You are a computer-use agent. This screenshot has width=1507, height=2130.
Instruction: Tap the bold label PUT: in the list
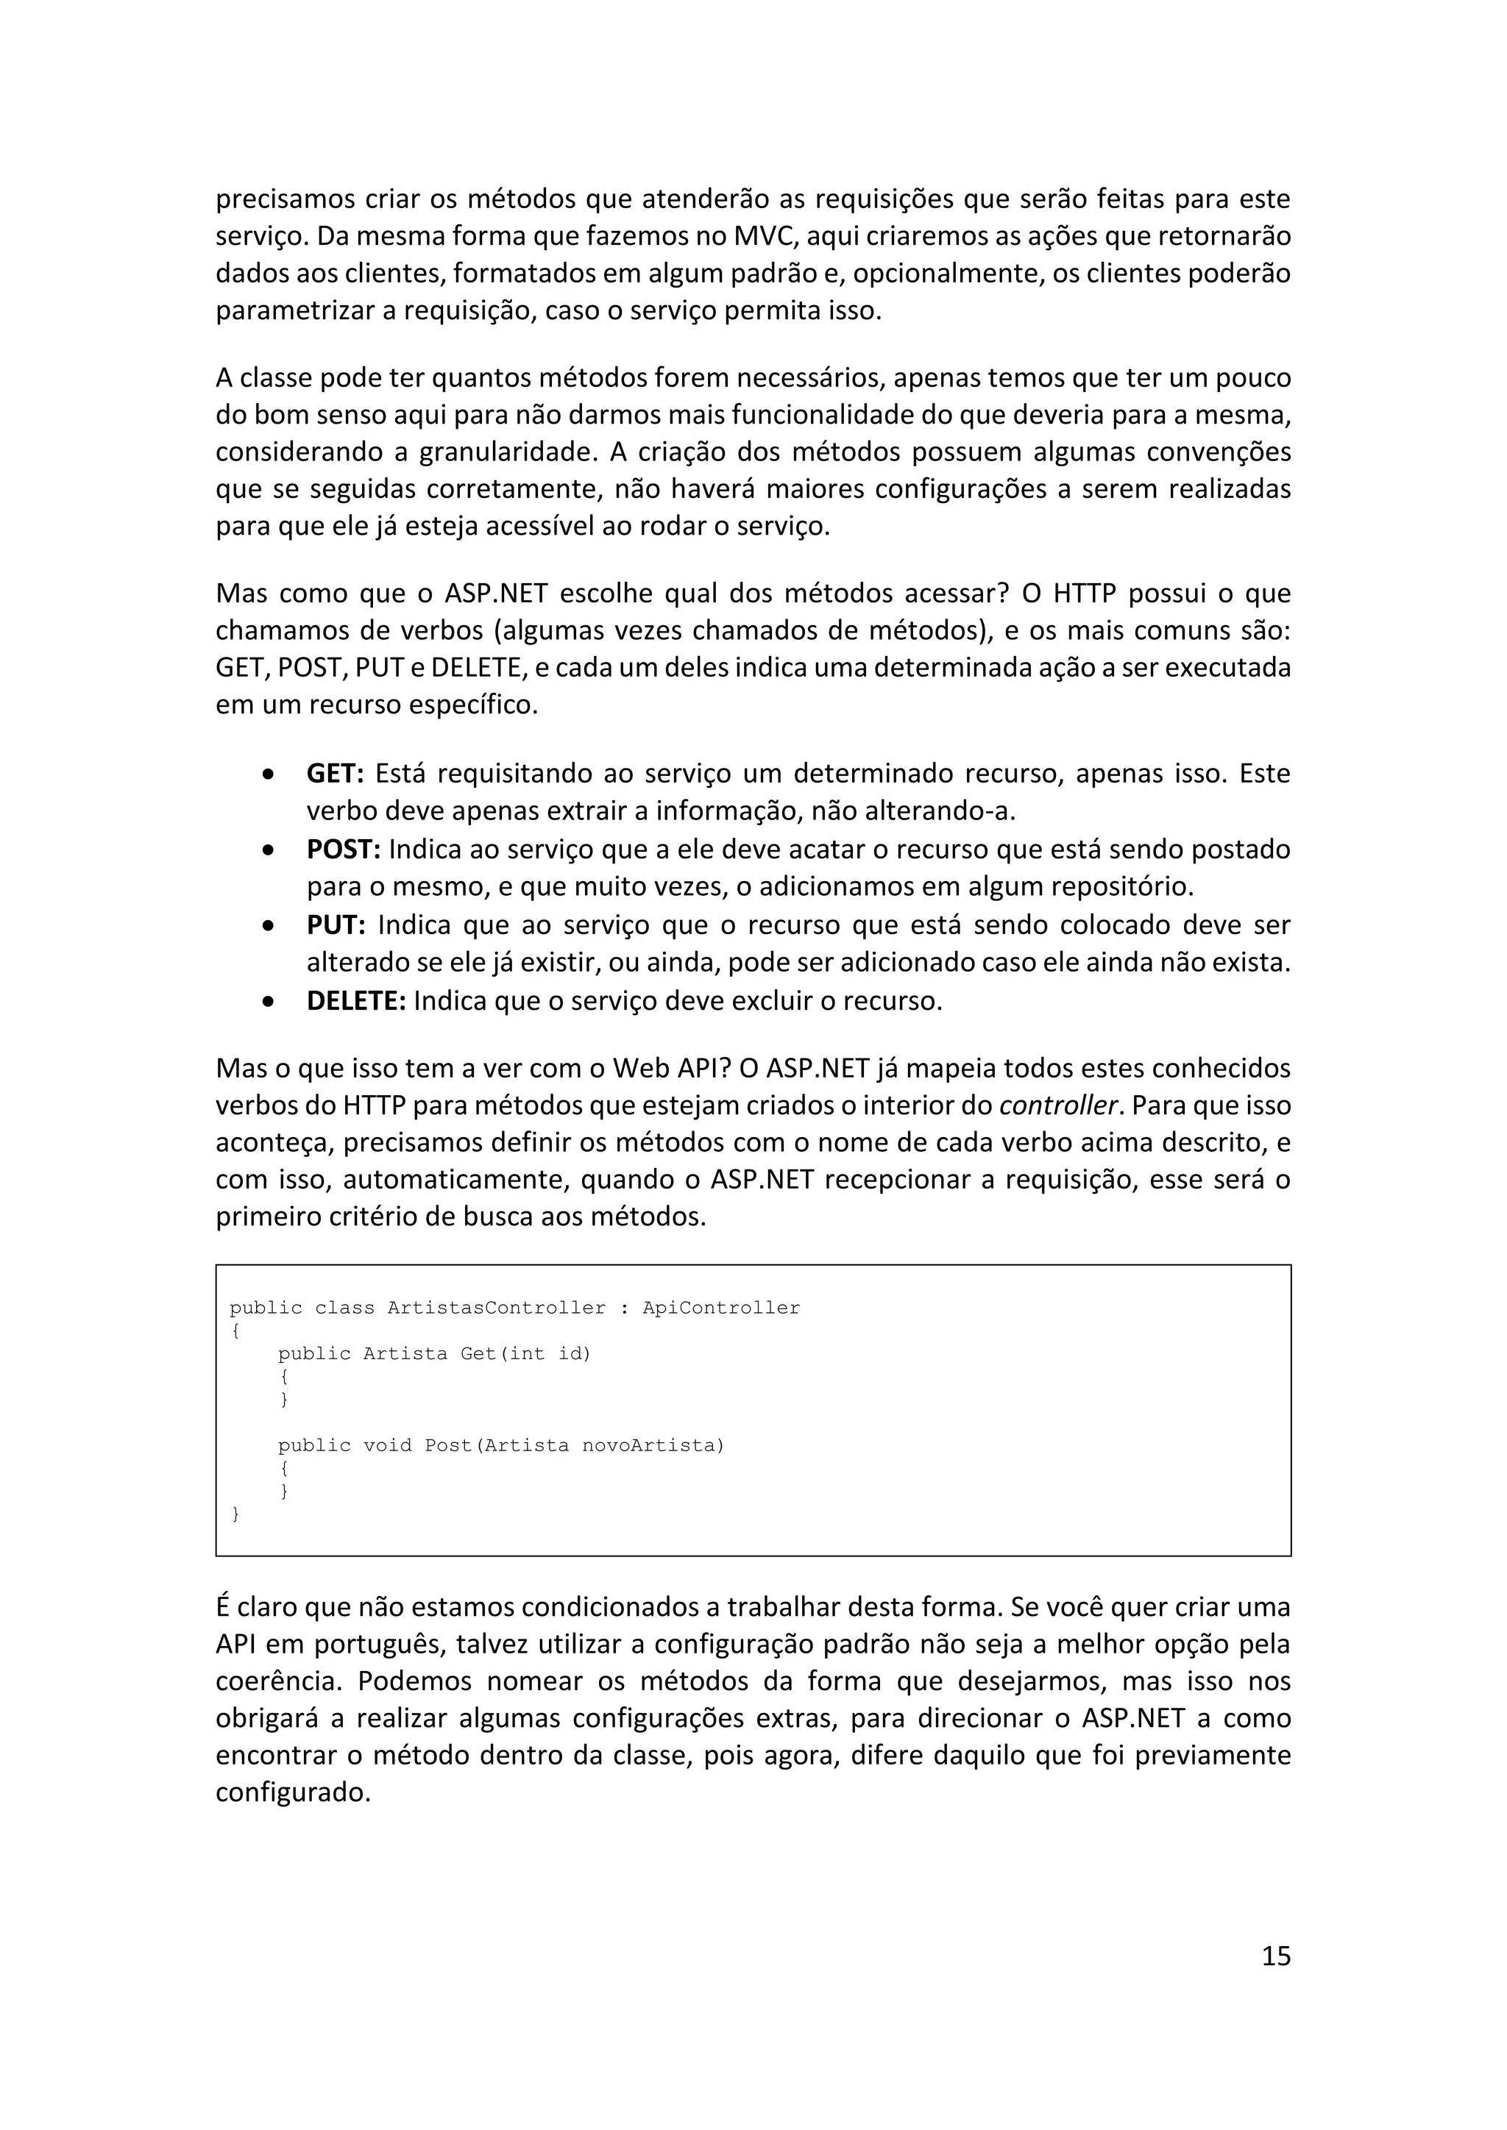(336, 925)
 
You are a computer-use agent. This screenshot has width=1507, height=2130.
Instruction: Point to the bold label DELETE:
(356, 1001)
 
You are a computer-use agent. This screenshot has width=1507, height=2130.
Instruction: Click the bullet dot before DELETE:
(268, 1002)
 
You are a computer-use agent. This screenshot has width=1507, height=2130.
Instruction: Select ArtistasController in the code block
(497, 1308)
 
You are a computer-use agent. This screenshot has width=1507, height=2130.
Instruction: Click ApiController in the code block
(721, 1308)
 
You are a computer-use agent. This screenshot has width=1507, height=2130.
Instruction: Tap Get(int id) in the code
(525, 1353)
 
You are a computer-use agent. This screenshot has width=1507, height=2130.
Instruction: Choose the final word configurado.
(292, 1792)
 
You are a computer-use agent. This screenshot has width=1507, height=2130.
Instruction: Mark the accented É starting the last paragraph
(223, 1607)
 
